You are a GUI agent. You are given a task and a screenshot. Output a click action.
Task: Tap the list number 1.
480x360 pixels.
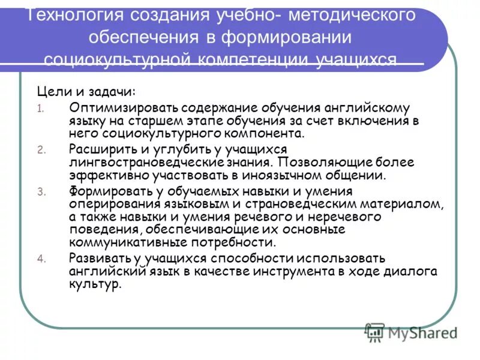tap(40, 109)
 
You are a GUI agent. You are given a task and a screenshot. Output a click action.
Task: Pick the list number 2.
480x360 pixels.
tap(41, 150)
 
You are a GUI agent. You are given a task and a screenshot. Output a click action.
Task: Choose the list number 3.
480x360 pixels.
tap(41, 192)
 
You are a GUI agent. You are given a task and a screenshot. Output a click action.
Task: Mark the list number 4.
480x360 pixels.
tap(41, 259)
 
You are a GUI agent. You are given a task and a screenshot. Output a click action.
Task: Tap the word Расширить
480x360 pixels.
tap(102, 149)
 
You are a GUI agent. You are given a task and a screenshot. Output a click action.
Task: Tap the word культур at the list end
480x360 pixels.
tap(94, 284)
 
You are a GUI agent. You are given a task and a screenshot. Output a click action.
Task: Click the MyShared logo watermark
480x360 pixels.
tap(411, 332)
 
